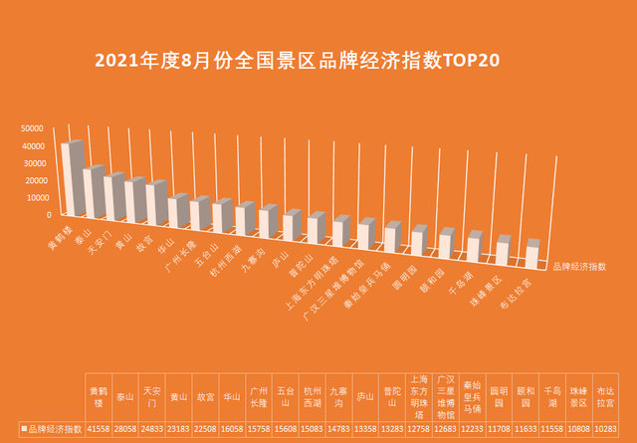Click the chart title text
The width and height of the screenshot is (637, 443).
point(297,60)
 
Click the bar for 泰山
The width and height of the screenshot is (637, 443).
point(94,193)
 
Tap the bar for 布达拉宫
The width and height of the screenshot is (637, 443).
point(531,255)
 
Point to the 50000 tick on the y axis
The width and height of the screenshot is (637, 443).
point(39,128)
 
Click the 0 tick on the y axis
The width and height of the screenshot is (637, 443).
point(48,214)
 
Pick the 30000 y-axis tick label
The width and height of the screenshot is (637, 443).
point(39,163)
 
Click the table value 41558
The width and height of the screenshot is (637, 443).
point(99,426)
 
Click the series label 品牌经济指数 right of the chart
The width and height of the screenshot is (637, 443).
point(579,266)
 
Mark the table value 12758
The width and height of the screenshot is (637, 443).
point(419,426)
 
